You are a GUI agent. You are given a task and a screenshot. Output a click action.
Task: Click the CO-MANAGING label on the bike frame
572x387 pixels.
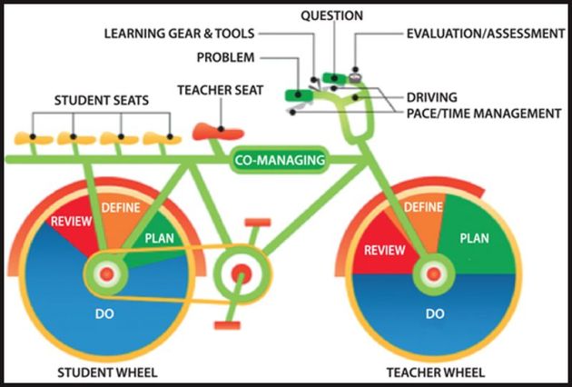(x=279, y=161)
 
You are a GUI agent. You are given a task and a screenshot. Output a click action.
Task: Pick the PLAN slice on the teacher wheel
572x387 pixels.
(x=475, y=238)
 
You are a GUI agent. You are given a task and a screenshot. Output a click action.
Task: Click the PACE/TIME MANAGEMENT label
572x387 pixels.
(x=484, y=114)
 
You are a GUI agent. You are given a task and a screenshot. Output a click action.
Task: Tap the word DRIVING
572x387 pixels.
(x=431, y=96)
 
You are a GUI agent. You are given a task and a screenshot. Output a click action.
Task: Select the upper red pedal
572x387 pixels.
(x=257, y=222)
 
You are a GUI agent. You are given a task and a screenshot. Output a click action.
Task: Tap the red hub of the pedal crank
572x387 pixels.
(x=241, y=273)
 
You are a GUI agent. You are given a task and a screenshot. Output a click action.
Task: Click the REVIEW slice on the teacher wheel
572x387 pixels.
(x=380, y=252)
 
